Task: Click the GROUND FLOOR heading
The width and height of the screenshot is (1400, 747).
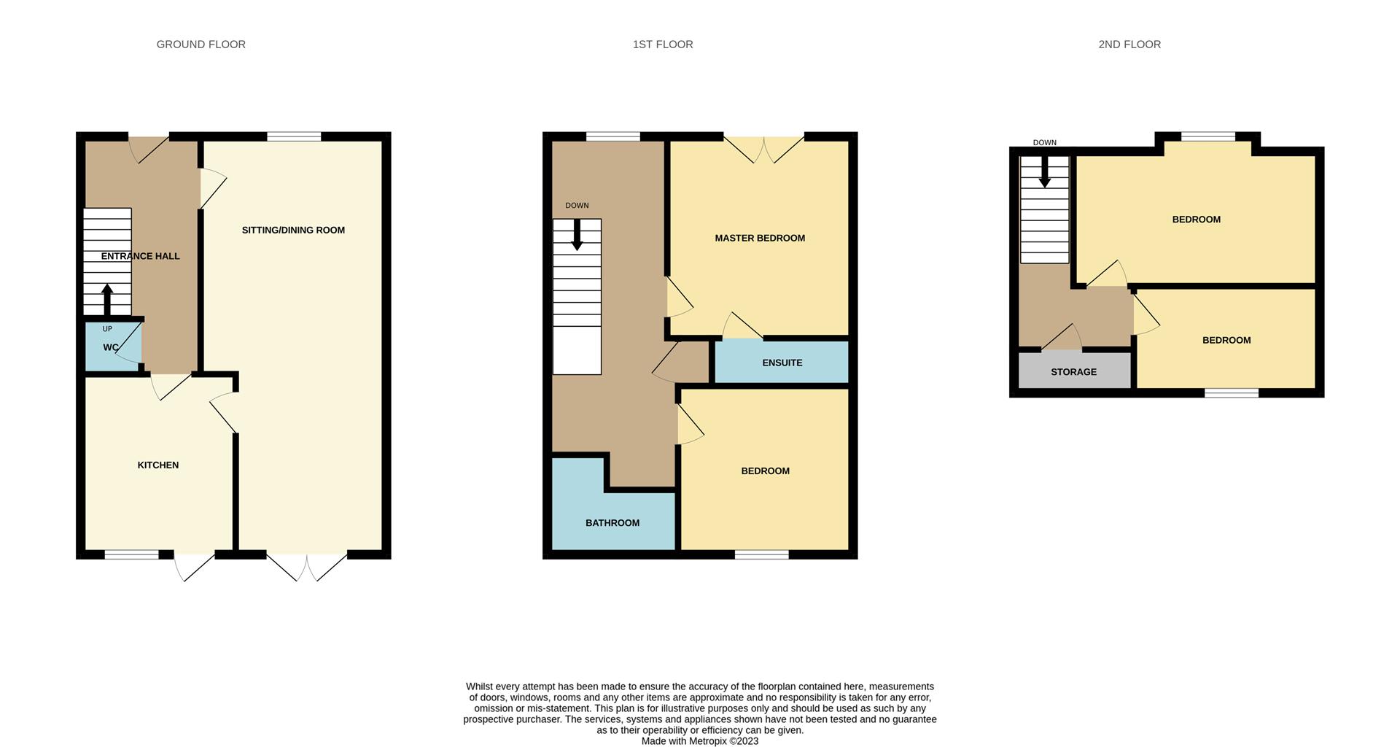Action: tap(201, 44)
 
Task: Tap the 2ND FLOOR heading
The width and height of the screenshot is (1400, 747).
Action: tap(1129, 44)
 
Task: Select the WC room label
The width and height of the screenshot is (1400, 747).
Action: tap(111, 347)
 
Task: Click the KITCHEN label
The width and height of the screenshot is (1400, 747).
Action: tap(158, 465)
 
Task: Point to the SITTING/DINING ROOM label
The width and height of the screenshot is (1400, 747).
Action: tap(293, 231)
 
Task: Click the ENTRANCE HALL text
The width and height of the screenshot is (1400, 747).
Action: tap(140, 256)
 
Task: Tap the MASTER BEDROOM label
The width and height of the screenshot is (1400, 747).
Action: tap(760, 239)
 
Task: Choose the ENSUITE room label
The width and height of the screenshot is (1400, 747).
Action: tap(782, 363)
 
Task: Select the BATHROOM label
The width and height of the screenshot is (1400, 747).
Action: tap(612, 523)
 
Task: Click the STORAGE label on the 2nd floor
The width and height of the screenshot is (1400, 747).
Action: tap(1073, 372)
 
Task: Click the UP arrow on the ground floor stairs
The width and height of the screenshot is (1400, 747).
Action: tap(107, 299)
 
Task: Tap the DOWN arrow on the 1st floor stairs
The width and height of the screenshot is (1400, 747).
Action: tap(577, 235)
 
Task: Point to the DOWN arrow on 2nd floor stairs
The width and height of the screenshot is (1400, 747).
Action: tap(1045, 172)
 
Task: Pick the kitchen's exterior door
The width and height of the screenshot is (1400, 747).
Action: tap(195, 566)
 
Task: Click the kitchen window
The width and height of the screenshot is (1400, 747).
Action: tap(131, 555)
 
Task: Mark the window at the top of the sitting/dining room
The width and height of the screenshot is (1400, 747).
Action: tap(294, 136)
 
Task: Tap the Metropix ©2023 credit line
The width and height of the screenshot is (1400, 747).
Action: tap(700, 741)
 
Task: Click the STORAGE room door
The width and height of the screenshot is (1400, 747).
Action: tap(1062, 338)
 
